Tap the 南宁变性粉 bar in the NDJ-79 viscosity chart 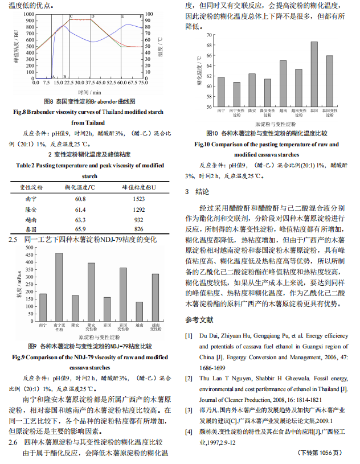pyautogui.click(x=59, y=287)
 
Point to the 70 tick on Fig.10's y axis pyautogui.click(x=208, y=35)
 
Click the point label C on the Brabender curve pyautogui.click(x=71, y=17)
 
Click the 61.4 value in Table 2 pyautogui.click(x=80, y=209)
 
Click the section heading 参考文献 pyautogui.click(x=199, y=319)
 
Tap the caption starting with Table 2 pyautogui.click(x=89, y=165)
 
